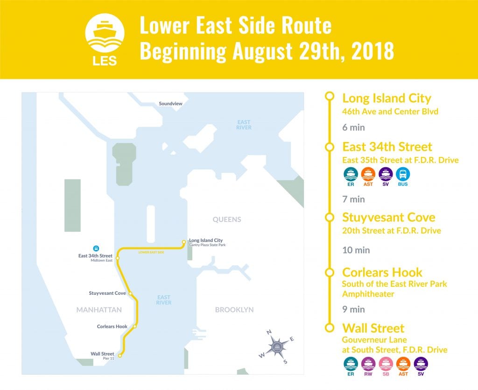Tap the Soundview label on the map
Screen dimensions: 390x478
(170, 103)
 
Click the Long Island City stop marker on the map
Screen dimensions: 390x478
(184, 242)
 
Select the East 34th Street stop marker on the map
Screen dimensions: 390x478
(118, 258)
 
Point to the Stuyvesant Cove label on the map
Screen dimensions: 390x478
(107, 293)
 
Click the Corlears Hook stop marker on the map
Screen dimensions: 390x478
(134, 326)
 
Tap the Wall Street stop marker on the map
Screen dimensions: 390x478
(120, 356)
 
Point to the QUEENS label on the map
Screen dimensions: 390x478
(227, 220)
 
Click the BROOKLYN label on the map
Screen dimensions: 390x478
(234, 310)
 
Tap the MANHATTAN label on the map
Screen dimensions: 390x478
(99, 310)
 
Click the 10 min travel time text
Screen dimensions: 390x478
(356, 250)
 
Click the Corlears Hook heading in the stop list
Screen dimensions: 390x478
(382, 272)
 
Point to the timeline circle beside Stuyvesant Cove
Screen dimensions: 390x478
(330, 218)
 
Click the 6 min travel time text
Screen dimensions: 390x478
(353, 127)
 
